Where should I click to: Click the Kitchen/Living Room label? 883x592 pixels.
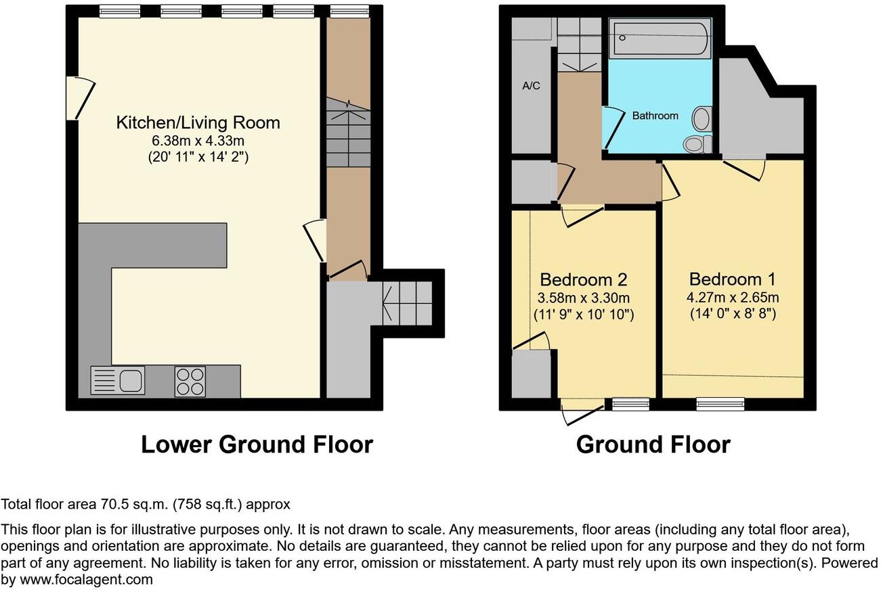coord(198,122)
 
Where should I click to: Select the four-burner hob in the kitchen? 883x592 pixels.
coord(190,380)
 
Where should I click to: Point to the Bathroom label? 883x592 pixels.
coord(655,116)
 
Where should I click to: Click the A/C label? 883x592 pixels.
coord(531,86)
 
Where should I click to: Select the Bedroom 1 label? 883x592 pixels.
coord(732,279)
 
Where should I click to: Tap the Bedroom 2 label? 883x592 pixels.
coord(583,279)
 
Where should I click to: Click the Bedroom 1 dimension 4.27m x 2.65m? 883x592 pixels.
coord(733,298)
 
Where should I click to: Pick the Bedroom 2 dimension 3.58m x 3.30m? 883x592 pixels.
coord(584,298)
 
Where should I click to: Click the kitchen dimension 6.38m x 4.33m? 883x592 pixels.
coord(198,141)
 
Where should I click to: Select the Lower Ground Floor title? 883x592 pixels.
coord(257,445)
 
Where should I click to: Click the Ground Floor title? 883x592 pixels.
coord(653,445)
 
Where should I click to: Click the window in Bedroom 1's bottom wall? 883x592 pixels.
coord(720,405)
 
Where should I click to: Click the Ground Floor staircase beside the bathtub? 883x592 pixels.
coord(580,45)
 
